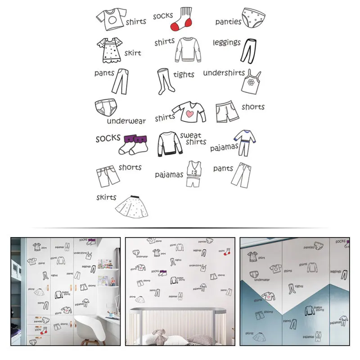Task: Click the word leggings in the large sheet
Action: click(x=227, y=43)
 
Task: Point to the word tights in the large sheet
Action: click(x=184, y=75)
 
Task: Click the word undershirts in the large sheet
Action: click(x=224, y=72)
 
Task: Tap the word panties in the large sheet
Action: click(x=228, y=22)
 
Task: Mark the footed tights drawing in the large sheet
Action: click(x=164, y=81)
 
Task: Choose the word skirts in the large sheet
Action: click(x=106, y=197)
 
